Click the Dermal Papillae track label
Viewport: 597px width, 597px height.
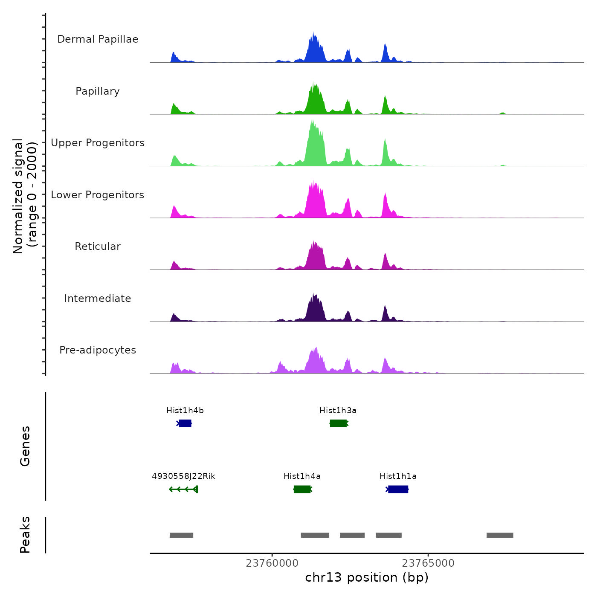[x=98, y=39]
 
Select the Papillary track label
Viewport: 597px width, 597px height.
[x=98, y=91]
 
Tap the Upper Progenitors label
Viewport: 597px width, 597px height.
[x=98, y=143]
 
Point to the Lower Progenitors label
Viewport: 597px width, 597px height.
[x=98, y=195]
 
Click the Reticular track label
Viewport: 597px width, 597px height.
[x=98, y=246]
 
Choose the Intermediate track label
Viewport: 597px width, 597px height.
[x=98, y=298]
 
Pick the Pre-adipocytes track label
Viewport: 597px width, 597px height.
[x=98, y=350]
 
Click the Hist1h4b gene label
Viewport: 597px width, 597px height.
[x=185, y=411]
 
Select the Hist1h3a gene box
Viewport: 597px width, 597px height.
[x=339, y=423]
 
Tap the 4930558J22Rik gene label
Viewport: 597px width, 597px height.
[x=183, y=476]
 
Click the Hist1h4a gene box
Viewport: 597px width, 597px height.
[x=302, y=489]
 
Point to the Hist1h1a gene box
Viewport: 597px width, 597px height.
[x=398, y=489]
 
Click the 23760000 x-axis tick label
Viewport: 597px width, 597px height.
[x=272, y=563]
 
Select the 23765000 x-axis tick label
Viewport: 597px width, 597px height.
[x=428, y=563]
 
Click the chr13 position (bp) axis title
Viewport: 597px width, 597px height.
[x=367, y=577]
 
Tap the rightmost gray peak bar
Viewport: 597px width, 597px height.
[x=500, y=535]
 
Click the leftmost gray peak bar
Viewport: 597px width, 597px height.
[x=181, y=535]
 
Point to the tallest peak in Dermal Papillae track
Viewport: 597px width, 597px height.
[x=313, y=33]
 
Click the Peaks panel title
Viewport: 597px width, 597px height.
[x=25, y=535]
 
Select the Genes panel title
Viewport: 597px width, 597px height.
[x=25, y=446]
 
